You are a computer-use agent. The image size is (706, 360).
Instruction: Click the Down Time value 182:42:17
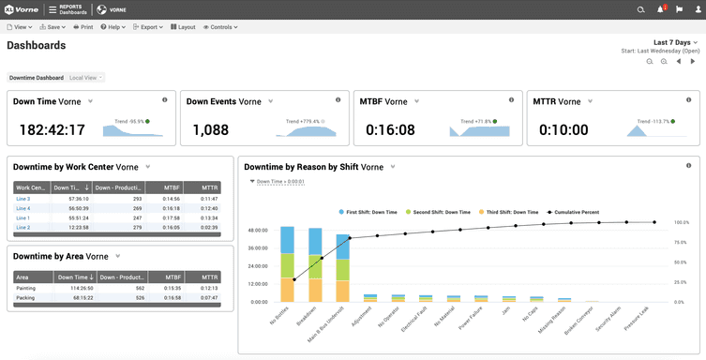pos(53,130)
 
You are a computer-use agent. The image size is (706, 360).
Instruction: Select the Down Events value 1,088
pos(211,130)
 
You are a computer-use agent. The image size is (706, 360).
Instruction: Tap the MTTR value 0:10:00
pos(561,130)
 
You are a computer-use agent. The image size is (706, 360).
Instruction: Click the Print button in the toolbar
pos(83,27)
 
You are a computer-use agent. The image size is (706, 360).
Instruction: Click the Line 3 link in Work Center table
pos(23,199)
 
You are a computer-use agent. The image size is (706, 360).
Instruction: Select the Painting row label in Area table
pos(26,288)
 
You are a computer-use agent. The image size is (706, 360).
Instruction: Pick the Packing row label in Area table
pos(25,297)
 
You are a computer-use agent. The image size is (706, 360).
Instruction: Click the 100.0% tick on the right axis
pos(682,223)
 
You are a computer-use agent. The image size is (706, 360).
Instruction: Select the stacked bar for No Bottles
pos(288,263)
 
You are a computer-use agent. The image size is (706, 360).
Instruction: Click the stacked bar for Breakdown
pos(316,265)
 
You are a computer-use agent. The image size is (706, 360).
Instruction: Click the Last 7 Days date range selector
pos(672,43)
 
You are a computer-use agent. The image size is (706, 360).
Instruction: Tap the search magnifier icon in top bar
pos(640,9)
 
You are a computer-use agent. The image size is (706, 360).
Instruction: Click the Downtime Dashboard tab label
pos(37,77)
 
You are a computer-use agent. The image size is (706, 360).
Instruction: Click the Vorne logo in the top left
pos(20,9)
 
